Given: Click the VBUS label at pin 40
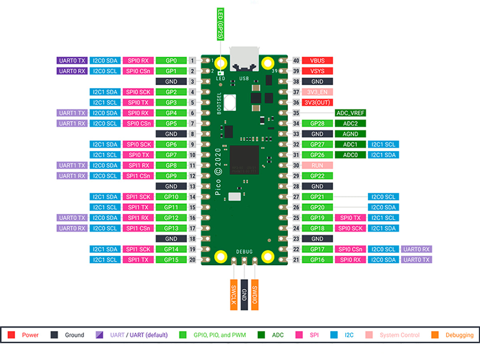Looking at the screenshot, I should point(317,61).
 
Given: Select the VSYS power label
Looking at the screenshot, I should point(317,71).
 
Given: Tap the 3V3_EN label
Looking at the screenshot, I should point(317,92).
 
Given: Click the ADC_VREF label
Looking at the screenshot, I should point(350,113).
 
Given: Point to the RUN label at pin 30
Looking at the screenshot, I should point(317,165).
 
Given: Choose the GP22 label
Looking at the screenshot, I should point(317,176).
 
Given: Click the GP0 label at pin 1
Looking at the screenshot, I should point(171,61).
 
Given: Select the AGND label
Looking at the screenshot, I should point(350,134).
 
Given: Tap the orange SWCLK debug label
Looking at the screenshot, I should point(234,294).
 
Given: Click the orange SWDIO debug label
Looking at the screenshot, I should point(254,294).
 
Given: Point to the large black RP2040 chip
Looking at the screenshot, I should point(245,160).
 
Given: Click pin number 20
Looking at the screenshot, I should point(193,260).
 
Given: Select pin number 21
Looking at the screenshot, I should point(296,260).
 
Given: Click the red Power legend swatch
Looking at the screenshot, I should point(11,335).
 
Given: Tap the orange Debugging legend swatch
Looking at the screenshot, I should point(435,335).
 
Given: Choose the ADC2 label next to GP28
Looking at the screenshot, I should point(350,124).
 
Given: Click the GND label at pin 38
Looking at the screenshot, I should point(317,82).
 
